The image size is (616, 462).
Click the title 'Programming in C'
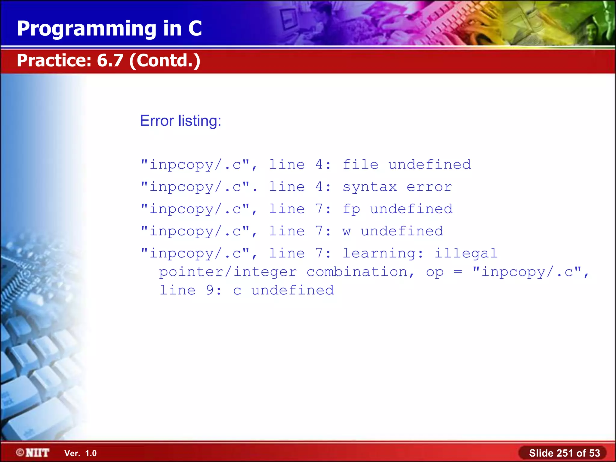[x=109, y=29]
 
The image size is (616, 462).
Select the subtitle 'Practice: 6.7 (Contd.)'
[x=108, y=60]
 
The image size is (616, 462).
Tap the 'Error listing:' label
[x=180, y=121]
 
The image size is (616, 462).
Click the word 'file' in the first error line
[x=360, y=165]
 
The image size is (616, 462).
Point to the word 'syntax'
[x=370, y=187]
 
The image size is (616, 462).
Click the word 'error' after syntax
[x=429, y=187]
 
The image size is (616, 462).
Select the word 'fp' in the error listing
[x=351, y=209]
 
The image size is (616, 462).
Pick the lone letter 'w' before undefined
[x=346, y=231]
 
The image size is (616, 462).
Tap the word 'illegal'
[x=466, y=254]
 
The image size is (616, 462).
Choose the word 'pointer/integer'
[x=228, y=272]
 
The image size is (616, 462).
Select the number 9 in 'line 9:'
[x=210, y=290]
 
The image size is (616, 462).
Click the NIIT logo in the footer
[x=33, y=453]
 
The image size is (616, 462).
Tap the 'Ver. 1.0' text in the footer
[x=81, y=453]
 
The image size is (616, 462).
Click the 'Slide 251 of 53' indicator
[x=564, y=453]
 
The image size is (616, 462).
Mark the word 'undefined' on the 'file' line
[x=430, y=165]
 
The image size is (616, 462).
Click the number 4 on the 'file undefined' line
[x=319, y=165]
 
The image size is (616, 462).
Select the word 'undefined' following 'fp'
[x=411, y=209]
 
